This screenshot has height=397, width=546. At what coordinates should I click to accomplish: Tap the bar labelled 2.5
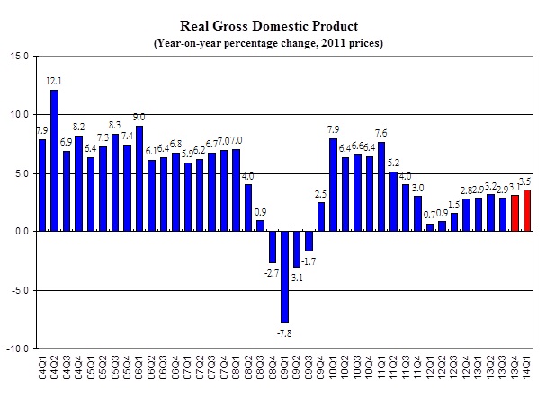click(x=320, y=216)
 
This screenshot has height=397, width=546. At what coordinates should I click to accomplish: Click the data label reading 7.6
click(x=381, y=134)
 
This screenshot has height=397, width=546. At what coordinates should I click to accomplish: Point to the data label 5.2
click(x=394, y=163)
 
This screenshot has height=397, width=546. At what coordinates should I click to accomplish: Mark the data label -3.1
click(x=296, y=278)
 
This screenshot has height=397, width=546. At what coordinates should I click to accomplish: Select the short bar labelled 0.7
click(x=430, y=226)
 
